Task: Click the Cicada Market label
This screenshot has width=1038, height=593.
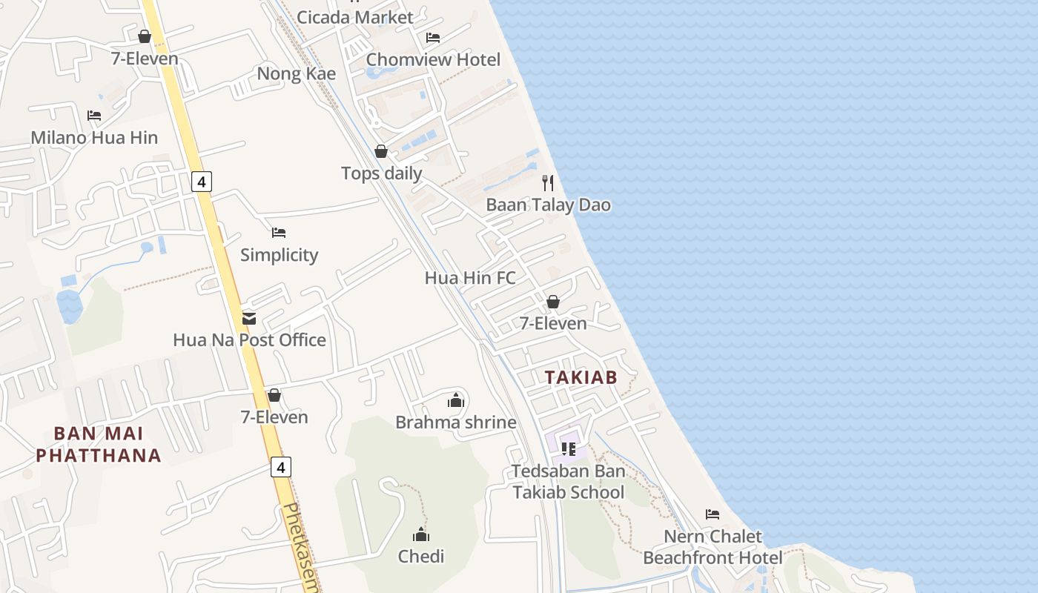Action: tap(354, 17)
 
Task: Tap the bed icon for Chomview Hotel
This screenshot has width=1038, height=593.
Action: tap(433, 38)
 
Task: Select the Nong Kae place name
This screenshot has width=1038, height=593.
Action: tap(296, 74)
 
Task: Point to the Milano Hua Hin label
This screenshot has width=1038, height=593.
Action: tap(94, 138)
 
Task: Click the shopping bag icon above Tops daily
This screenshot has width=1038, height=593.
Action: tap(381, 152)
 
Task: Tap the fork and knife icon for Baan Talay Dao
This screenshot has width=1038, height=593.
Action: tap(548, 183)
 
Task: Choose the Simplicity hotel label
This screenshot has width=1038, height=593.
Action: tap(279, 255)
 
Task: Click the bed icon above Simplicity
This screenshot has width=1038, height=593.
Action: tap(279, 233)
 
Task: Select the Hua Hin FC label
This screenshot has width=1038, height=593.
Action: tap(469, 278)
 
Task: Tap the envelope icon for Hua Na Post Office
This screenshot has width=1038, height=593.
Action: tap(249, 319)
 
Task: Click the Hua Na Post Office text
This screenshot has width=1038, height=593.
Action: tap(249, 340)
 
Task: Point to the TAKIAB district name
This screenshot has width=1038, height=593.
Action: tap(581, 377)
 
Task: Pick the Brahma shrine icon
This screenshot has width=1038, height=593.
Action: tap(455, 401)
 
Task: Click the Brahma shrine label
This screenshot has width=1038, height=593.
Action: tap(455, 423)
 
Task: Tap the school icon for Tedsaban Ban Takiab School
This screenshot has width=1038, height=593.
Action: tap(569, 448)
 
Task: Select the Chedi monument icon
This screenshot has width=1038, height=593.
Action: tap(421, 534)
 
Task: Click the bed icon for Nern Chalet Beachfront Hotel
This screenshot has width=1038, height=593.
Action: tap(713, 514)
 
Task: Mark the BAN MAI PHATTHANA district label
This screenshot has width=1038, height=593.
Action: tap(99, 444)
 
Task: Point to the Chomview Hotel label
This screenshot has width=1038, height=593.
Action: tap(433, 59)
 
